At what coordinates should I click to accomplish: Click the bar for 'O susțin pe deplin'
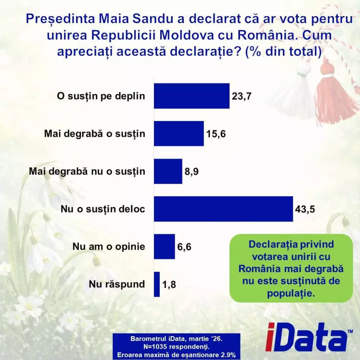pyautogui.click(x=192, y=96)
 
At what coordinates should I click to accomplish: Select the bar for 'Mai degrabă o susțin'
pyautogui.click(x=179, y=133)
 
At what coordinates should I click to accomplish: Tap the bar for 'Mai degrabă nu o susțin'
pyautogui.click(x=168, y=171)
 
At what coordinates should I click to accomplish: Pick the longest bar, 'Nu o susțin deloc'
pyautogui.click(x=223, y=209)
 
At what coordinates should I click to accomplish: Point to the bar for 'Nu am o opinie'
pyautogui.click(x=164, y=246)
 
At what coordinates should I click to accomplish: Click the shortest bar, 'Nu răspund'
pyautogui.click(x=157, y=284)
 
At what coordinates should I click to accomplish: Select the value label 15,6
pyautogui.click(x=217, y=134)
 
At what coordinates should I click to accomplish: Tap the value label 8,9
pyautogui.click(x=192, y=171)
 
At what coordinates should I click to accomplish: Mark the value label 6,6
pyautogui.click(x=185, y=247)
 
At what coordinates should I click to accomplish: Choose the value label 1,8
pyautogui.click(x=170, y=284)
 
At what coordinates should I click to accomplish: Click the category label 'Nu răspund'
pyautogui.click(x=117, y=284)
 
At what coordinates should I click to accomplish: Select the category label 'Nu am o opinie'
pyautogui.click(x=108, y=247)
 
